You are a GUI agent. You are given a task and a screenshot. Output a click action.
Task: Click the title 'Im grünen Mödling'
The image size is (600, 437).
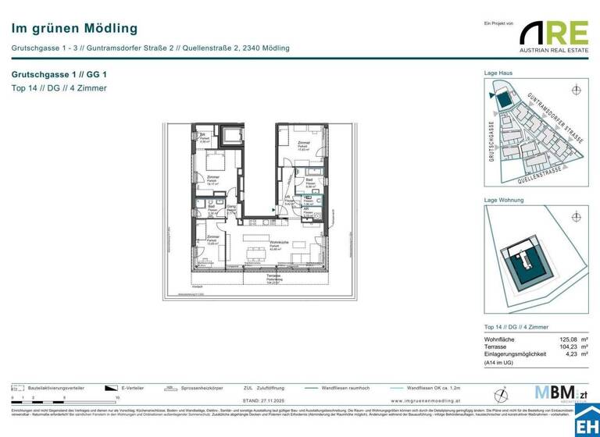[74, 29]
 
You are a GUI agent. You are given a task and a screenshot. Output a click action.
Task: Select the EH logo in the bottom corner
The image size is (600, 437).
[586, 421]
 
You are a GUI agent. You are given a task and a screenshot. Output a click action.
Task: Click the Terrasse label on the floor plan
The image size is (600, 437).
[273, 277]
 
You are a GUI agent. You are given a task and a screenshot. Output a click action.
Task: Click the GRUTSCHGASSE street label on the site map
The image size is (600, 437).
[491, 141]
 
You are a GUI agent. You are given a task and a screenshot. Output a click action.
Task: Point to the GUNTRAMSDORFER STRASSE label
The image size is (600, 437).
[555, 117]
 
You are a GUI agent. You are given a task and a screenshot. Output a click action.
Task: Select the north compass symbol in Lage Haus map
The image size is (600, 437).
[577, 89]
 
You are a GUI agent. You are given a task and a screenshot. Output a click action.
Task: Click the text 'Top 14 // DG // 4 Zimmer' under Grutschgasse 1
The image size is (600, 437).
[59, 88]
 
